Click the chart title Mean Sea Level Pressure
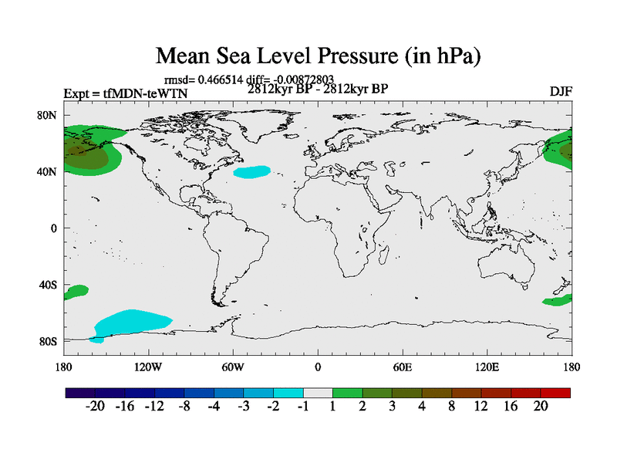click(x=319, y=56)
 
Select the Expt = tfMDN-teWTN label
click(x=125, y=94)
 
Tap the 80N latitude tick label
click(x=49, y=115)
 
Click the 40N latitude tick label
click(x=49, y=171)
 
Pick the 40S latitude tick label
click(x=49, y=285)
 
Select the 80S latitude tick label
click(x=49, y=341)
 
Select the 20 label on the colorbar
click(x=541, y=407)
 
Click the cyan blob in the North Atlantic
click(x=252, y=172)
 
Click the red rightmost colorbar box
click(x=556, y=393)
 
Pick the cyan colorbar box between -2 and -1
click(x=288, y=393)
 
